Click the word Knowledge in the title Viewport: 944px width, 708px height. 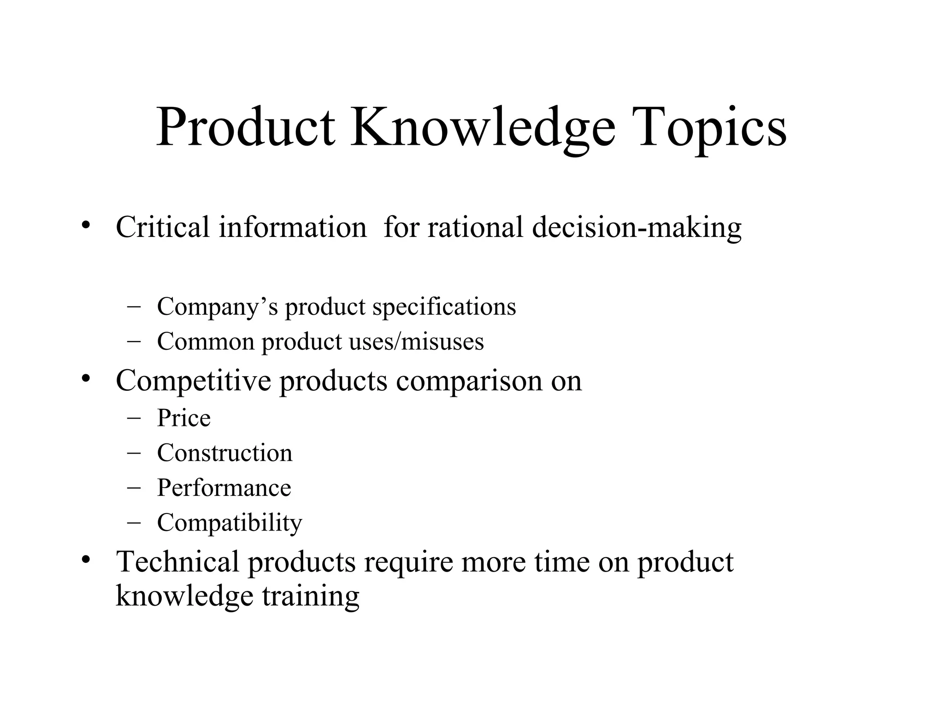coord(483,127)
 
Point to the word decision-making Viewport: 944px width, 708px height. coord(637,228)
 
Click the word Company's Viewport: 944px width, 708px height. coord(217,307)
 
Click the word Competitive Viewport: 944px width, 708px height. coord(193,381)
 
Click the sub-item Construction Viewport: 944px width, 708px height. coord(224,453)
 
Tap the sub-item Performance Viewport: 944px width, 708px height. coord(224,488)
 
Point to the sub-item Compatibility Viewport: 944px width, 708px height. coord(230,523)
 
